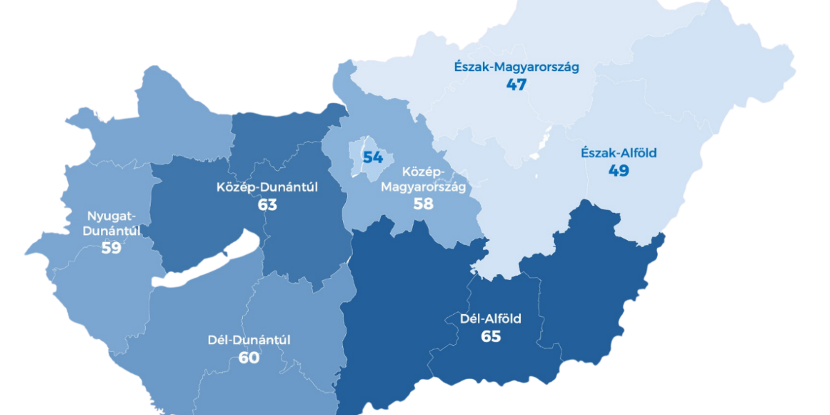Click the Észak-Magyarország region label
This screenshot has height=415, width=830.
[x=516, y=67]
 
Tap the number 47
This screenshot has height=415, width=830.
[x=516, y=85]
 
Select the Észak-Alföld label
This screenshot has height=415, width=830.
[x=619, y=153]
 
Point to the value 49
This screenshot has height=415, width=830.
[x=619, y=170]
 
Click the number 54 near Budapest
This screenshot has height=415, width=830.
[x=373, y=157]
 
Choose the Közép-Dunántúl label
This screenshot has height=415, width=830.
[x=267, y=187]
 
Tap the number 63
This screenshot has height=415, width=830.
[x=267, y=205]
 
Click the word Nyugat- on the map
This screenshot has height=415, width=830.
[x=111, y=215]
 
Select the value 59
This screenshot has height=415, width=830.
[x=111, y=248]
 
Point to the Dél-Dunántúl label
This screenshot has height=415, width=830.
[x=249, y=340]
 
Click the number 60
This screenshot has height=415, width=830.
[x=249, y=358]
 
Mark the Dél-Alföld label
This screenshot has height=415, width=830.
[x=490, y=319]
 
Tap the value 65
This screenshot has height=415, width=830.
[x=490, y=337]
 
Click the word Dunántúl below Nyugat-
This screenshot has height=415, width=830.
[x=111, y=231]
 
